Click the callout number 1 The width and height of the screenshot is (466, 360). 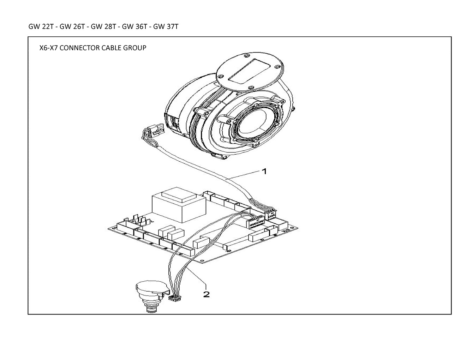coord(264,171)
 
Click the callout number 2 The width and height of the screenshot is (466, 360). coord(206,294)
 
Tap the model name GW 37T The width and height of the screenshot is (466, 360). coord(166,26)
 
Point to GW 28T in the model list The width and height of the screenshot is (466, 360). coord(103,26)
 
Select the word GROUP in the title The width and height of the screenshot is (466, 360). coord(135,48)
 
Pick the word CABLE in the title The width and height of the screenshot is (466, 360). coord(111,48)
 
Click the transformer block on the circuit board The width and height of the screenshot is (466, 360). coord(179,205)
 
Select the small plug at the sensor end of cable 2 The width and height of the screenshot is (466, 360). coord(175,298)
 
